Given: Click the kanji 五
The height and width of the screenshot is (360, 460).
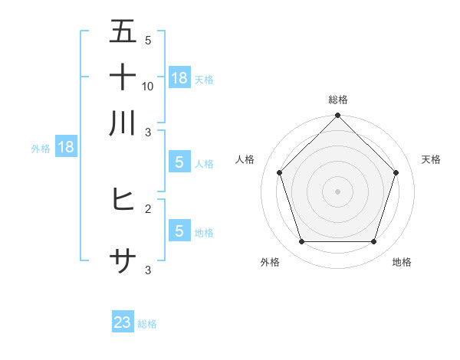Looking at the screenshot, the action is pos(123,31).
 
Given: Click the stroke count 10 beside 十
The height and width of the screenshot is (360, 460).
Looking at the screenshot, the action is pos(148,86).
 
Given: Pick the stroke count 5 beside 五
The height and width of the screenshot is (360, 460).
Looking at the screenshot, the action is pos(148,40).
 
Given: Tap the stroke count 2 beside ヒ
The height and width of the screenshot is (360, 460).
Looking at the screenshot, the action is pos(148,208).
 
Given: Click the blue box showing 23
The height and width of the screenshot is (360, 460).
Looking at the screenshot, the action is pos(123,322).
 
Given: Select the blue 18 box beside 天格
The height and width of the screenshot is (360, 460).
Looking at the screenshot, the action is pos(179,77).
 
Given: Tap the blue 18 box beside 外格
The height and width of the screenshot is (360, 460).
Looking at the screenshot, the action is pos(65,147).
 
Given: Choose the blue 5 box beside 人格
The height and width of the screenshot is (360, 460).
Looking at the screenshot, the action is pos(179,162).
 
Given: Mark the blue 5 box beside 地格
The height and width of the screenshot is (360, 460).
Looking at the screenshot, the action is pos(179,231).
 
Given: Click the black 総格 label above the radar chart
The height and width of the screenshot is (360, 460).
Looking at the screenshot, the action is pos(338,100).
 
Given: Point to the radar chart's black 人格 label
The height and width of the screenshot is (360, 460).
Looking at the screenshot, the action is pos(245,159).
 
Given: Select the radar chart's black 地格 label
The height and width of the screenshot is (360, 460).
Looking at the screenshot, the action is pos(402,262).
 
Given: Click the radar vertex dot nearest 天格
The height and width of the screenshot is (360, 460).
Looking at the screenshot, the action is pos(396,172).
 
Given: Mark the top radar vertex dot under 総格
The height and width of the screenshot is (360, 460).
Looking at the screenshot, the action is pos(338,116).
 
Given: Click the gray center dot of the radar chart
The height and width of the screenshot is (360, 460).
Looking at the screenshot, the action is pos(338,191).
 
